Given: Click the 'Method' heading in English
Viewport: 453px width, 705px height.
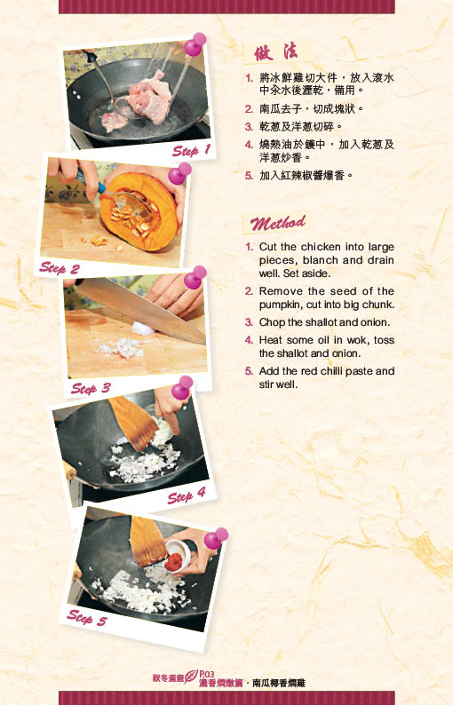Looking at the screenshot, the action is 277,223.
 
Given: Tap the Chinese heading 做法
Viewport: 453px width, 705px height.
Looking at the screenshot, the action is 275,52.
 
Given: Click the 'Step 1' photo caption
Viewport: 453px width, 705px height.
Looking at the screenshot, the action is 191,151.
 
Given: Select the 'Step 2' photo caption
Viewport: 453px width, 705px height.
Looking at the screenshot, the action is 59,268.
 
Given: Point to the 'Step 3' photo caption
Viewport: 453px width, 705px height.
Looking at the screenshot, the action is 91,388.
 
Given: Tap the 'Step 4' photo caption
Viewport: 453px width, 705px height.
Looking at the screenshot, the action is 187,496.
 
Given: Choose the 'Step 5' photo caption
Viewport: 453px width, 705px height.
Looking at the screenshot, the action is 87,617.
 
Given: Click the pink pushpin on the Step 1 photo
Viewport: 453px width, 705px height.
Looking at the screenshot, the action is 195,44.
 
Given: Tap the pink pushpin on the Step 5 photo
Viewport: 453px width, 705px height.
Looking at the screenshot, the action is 216,538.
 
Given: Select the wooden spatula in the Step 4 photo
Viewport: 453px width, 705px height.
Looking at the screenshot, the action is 133,422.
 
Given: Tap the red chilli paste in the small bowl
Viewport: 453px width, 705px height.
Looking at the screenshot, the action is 174,561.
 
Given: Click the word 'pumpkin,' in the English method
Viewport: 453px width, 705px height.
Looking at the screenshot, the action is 282,305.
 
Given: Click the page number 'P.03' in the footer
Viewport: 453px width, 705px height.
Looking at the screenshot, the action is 207,674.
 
